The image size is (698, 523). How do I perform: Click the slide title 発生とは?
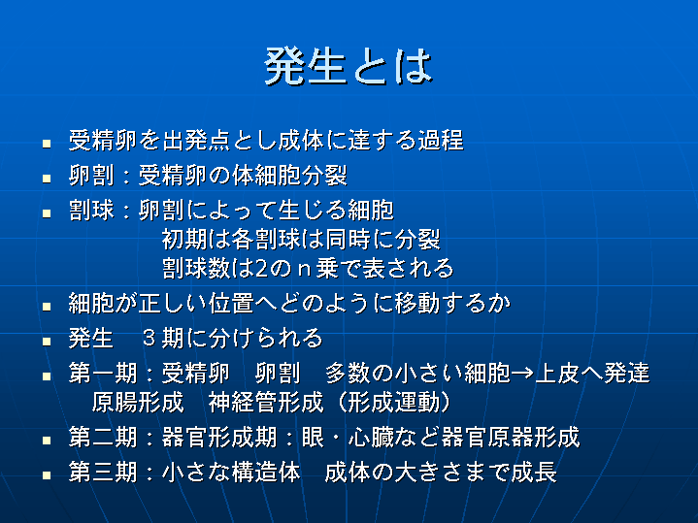[x=349, y=66]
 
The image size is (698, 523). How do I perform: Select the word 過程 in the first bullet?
[x=441, y=140]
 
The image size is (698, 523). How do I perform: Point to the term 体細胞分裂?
[x=289, y=175]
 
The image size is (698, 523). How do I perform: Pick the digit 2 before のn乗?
[x=262, y=269]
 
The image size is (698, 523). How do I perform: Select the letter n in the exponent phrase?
[x=305, y=270]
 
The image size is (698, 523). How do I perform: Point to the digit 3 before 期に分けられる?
[x=149, y=338]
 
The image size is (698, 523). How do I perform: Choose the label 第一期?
[x=103, y=373]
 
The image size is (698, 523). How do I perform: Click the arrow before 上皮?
[x=522, y=373]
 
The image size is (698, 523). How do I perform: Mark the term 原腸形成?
[x=138, y=402]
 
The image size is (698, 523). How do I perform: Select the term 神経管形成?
[x=266, y=402]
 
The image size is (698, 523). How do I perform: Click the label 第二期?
[x=103, y=437]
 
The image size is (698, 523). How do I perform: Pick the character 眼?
[x=313, y=437]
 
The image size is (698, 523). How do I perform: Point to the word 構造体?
[x=266, y=472]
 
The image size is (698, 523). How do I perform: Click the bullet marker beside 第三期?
[x=47, y=474]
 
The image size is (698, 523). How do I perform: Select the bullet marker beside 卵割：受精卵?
[x=47, y=178]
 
